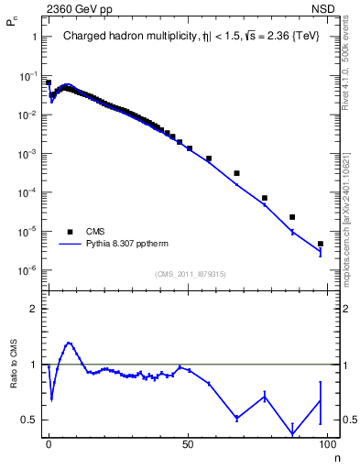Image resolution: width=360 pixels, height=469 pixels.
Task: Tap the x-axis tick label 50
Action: click(x=188, y=443)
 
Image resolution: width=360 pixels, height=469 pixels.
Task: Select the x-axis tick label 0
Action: click(x=48, y=443)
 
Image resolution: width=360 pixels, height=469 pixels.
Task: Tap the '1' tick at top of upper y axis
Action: click(x=34, y=38)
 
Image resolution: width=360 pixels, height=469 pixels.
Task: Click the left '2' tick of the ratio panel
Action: click(x=34, y=309)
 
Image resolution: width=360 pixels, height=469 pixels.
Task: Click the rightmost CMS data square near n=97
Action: click(x=320, y=244)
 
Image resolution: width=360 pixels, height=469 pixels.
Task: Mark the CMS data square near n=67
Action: click(x=236, y=173)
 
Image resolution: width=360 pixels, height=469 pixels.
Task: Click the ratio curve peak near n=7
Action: click(x=68, y=344)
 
